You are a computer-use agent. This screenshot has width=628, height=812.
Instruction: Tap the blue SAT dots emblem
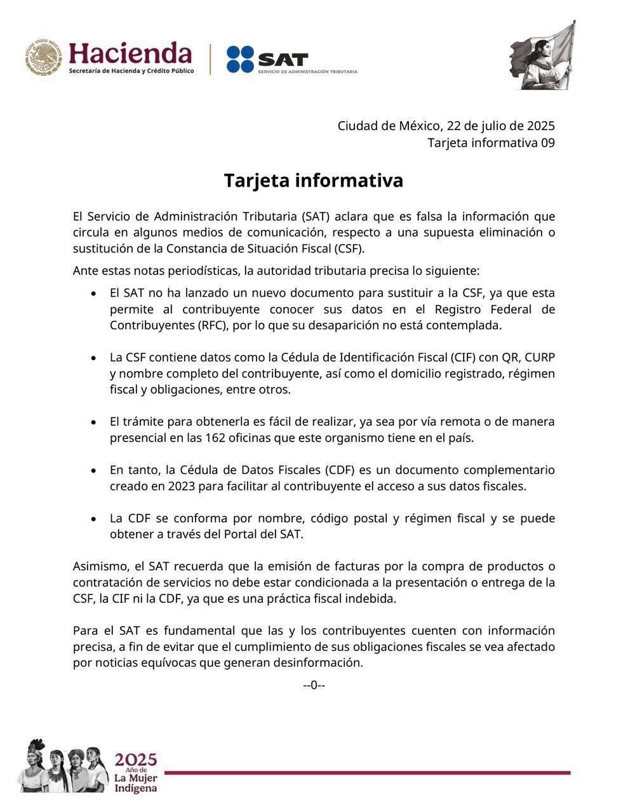[240, 59]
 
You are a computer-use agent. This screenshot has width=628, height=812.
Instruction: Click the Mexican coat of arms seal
[44, 57]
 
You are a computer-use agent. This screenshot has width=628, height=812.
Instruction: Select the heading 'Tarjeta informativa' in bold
[313, 180]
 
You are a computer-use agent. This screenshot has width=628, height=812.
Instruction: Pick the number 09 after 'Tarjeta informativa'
[547, 143]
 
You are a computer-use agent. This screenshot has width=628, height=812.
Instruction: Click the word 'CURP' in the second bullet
[538, 357]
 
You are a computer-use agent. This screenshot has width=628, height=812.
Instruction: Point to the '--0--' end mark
[314, 685]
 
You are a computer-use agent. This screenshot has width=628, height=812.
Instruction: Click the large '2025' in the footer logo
[135, 759]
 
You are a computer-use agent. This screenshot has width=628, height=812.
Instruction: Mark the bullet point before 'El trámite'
[93, 422]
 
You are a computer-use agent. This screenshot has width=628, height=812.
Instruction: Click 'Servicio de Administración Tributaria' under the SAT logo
[307, 72]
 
